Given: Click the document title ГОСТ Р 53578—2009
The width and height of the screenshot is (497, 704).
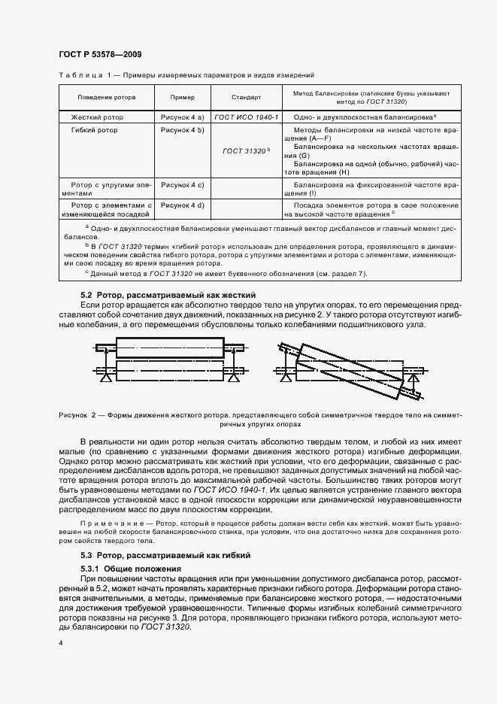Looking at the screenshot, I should [99, 54].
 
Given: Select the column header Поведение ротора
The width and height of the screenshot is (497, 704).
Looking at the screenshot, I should [105, 98].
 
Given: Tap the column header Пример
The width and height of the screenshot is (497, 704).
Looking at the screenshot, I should [182, 98].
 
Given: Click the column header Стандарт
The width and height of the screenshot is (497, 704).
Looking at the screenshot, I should [246, 98].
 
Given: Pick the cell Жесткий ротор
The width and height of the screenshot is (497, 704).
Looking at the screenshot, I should [97, 118].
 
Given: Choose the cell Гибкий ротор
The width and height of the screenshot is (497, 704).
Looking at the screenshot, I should [94, 130].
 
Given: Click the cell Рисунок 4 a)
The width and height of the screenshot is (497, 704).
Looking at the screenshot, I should [183, 118].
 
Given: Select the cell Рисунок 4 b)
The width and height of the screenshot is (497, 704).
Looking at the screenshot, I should [183, 130].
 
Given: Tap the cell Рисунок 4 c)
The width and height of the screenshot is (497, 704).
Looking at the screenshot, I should [183, 184].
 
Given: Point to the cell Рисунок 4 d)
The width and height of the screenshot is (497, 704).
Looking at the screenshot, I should [183, 205].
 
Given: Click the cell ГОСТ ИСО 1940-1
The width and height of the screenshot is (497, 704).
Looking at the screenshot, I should [246, 118].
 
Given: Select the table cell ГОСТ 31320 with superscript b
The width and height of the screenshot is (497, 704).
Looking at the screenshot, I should [246, 151].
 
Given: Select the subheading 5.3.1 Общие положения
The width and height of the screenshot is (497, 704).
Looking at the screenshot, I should [132, 568].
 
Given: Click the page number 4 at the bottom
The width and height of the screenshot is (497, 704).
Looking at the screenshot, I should [60, 644].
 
